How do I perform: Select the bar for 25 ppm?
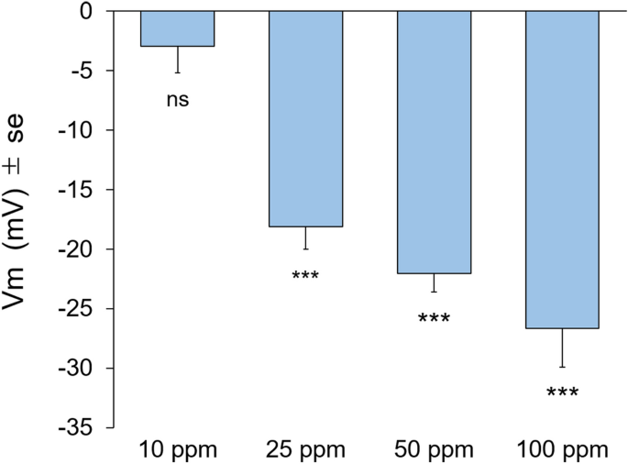pyautogui.click(x=305, y=118)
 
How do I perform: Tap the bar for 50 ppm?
pyautogui.click(x=434, y=142)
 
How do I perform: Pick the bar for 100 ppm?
pyautogui.click(x=562, y=170)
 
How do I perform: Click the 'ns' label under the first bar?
pyautogui.click(x=177, y=99)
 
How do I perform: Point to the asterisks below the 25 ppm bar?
pyautogui.click(x=305, y=276)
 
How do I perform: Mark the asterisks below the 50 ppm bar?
pyautogui.click(x=434, y=319)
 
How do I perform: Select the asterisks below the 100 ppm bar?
pyautogui.click(x=562, y=393)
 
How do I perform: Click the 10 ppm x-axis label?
pyautogui.click(x=177, y=450)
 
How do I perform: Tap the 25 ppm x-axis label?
pyautogui.click(x=305, y=450)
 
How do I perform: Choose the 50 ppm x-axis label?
pyautogui.click(x=434, y=450)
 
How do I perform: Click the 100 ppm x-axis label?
pyautogui.click(x=562, y=450)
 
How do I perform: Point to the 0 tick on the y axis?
pyautogui.click(x=86, y=12)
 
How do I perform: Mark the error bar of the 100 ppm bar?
pyautogui.click(x=562, y=348)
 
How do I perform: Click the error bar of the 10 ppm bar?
pyautogui.click(x=177, y=61)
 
